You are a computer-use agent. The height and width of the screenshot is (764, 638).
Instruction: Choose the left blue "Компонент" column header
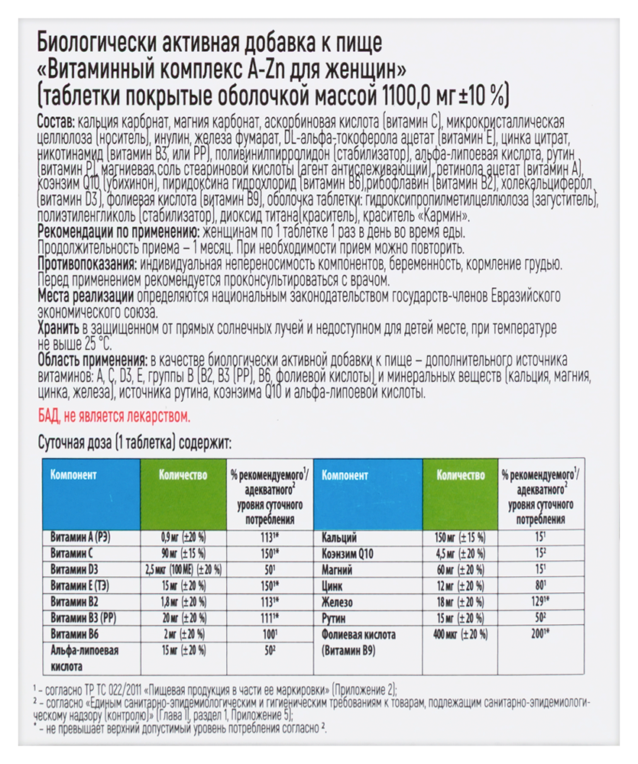(x=73, y=474)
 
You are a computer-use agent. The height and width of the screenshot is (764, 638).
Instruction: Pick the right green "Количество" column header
(x=461, y=474)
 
